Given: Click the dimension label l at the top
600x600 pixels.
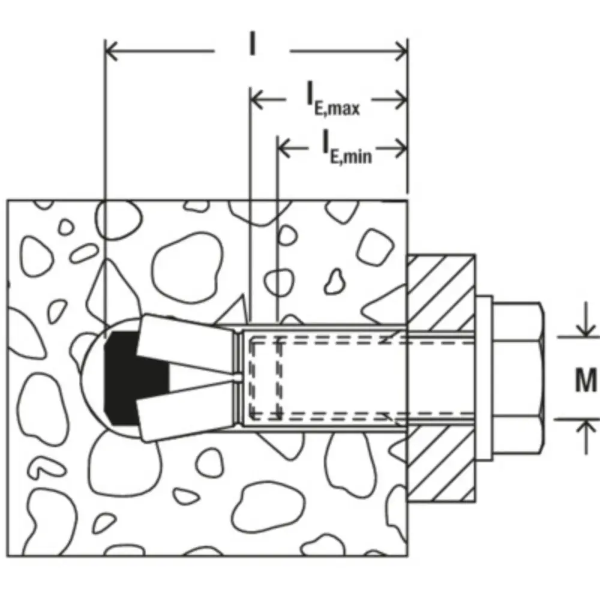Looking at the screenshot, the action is coord(252,43).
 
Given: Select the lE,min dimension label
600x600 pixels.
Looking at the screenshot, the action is coord(347,148).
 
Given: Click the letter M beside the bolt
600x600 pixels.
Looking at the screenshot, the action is coord(586,380).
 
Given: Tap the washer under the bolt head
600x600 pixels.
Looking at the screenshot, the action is coord(484,378).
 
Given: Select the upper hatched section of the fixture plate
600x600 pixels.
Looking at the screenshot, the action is coord(441,293).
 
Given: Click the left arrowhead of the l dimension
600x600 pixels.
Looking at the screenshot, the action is coord(111,50).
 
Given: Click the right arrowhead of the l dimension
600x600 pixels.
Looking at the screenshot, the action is coord(401,51).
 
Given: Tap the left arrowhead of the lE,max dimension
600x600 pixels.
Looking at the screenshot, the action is coord(256,99).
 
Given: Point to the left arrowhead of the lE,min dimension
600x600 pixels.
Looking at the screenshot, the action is coord(284,148).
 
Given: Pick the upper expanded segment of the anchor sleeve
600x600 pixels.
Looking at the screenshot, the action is coord(185,343).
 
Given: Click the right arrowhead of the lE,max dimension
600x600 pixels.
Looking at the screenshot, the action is coord(401,100).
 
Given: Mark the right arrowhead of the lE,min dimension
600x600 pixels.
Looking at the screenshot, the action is coord(401,148).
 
